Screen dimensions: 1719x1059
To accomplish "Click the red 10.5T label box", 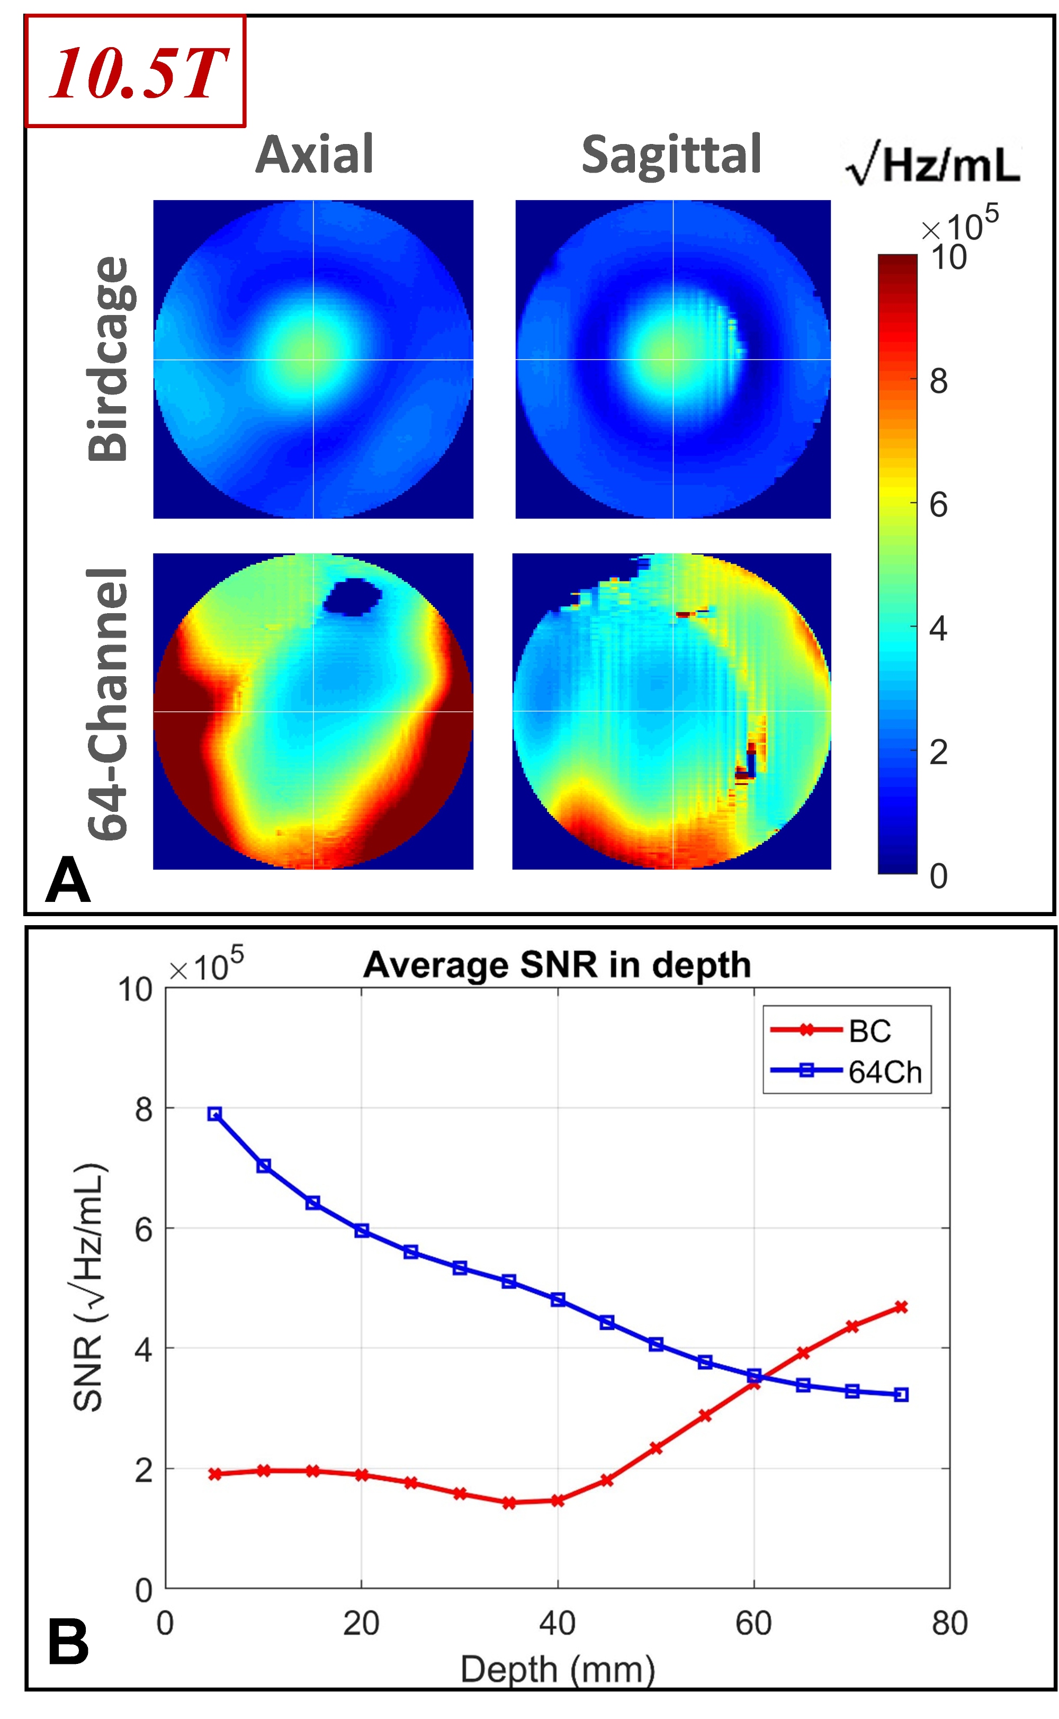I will click(135, 71).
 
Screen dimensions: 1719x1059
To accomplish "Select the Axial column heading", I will click(315, 154).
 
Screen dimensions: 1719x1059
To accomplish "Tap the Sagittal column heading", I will click(671, 154).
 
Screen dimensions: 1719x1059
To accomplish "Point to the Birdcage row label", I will click(109, 359).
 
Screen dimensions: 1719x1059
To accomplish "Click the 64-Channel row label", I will click(109, 703).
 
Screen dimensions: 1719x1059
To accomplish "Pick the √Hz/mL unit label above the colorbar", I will click(932, 165).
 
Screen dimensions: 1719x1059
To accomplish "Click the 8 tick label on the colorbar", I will click(938, 381).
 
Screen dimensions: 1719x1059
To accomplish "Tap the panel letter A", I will click(68, 881).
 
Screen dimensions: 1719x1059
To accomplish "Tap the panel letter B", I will click(68, 1641).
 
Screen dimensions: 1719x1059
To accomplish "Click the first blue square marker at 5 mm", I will click(215, 1114).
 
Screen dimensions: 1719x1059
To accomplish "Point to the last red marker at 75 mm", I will click(901, 1307).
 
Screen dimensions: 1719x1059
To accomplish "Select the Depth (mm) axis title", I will click(558, 1669).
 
